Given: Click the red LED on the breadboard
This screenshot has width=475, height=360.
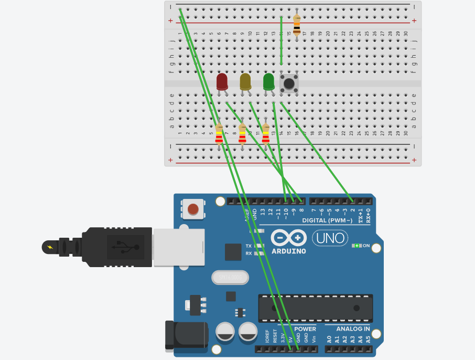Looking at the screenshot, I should [x=222, y=81].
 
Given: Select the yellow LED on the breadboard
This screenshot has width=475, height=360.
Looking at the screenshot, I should [x=245, y=81].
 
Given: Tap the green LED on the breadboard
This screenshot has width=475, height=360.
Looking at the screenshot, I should [x=268, y=81].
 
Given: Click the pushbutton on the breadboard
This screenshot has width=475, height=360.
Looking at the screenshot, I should [x=289, y=83].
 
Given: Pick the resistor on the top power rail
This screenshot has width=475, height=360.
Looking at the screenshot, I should [x=297, y=25].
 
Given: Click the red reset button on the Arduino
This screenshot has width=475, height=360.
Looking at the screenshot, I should [x=193, y=209].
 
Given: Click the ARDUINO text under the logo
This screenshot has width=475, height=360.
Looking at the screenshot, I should [x=289, y=251].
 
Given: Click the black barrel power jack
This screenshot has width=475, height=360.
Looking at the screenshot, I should [x=183, y=335].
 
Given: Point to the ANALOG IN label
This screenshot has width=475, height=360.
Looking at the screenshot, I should [x=353, y=329].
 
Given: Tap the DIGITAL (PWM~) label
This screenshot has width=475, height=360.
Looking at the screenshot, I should [x=327, y=220].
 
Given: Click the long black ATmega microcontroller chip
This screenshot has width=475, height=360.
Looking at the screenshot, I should [x=315, y=308].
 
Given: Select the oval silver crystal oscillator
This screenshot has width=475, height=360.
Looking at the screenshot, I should [x=229, y=277].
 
